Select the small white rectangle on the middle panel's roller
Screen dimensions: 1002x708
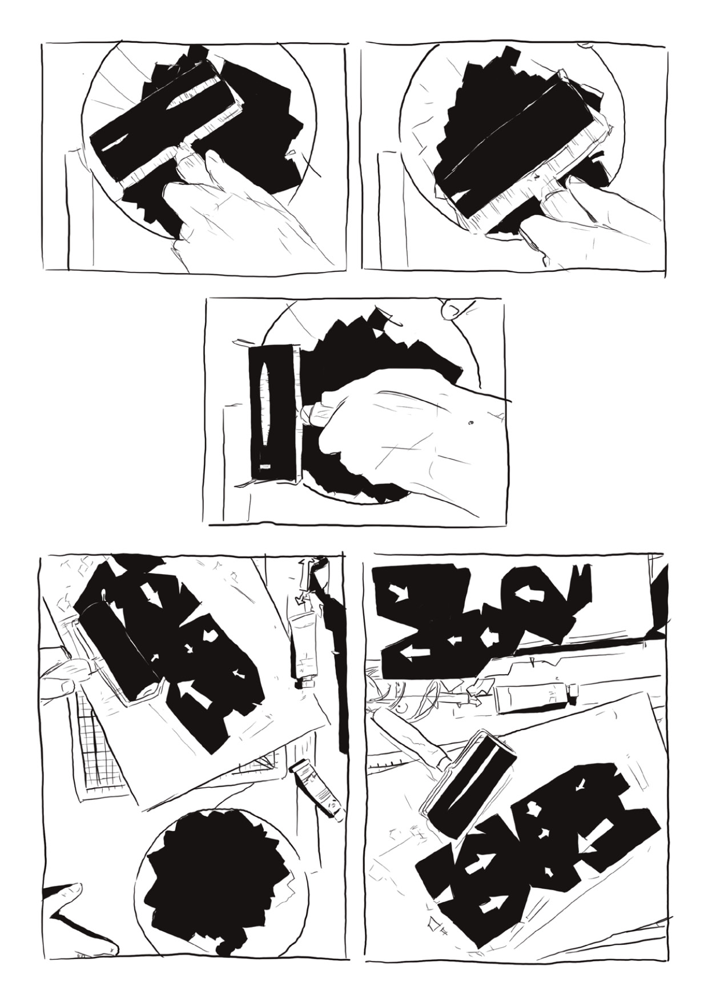coord(264,467)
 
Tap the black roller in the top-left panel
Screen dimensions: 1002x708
coord(166,126)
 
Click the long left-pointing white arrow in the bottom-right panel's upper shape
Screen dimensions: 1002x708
coord(414,651)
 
